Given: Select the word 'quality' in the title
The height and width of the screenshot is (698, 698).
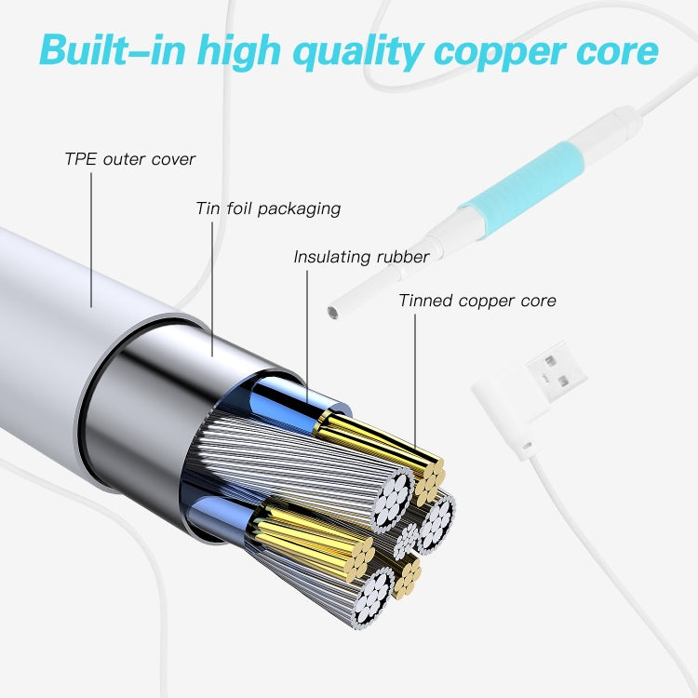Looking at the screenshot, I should coord(356,51).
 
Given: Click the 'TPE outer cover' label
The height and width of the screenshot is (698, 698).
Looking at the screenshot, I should coord(129,159).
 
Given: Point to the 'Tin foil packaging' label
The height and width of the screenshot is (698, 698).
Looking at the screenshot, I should coord(268,208).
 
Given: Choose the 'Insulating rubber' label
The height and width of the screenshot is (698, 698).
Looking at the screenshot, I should coord(361,257).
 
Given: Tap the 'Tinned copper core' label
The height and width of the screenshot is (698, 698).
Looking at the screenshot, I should coord(477,301).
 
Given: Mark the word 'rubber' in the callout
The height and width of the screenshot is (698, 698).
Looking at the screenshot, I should coord(402,257).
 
